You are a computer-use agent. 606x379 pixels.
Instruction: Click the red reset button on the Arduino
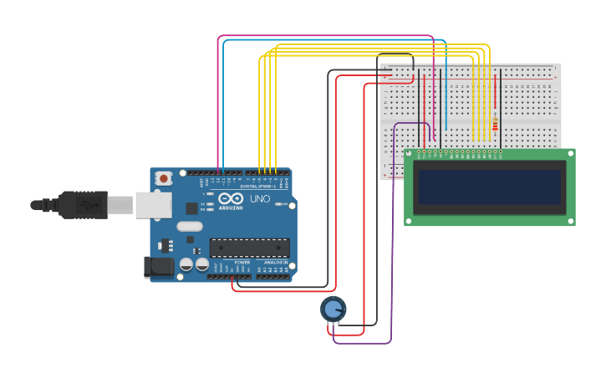click(x=164, y=178)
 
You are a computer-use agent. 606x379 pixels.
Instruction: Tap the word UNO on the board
click(x=260, y=199)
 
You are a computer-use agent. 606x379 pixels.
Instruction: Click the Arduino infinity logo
click(x=231, y=198)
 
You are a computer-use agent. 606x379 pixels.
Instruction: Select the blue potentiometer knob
click(x=333, y=309)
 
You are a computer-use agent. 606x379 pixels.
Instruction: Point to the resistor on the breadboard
click(x=495, y=122)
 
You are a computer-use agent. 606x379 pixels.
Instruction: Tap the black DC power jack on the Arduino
click(x=158, y=268)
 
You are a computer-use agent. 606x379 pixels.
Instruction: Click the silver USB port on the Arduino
click(x=155, y=205)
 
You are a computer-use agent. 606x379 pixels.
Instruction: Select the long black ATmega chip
click(x=250, y=248)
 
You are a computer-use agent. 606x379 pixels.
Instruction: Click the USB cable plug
click(x=84, y=204)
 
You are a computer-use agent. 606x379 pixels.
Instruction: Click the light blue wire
click(x=334, y=40)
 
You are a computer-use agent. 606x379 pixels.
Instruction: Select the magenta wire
click(x=326, y=36)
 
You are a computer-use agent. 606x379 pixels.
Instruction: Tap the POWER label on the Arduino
click(x=242, y=262)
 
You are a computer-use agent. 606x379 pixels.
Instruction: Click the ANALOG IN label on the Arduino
click(x=275, y=262)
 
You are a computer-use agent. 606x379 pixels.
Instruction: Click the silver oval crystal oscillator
click(x=190, y=226)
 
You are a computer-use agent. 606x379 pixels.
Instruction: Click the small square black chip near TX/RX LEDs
click(x=191, y=208)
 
